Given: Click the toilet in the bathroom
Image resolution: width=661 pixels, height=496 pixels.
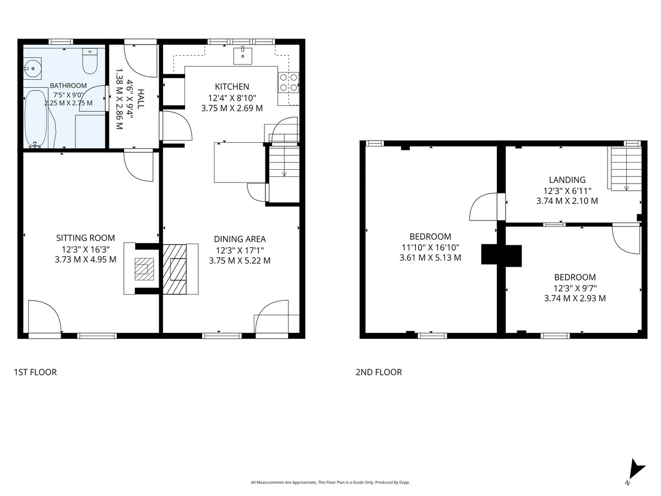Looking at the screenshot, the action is point(90,61).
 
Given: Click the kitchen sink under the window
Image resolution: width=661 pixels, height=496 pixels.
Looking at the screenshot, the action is point(243,56).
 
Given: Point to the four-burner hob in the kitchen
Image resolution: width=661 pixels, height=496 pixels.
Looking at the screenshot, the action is point(289,83).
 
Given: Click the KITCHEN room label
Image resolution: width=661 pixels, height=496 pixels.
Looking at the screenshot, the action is point(232,87).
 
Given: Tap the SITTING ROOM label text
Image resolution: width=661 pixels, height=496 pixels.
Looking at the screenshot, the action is point(85,238).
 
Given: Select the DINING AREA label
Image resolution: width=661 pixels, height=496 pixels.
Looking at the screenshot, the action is point(240,239).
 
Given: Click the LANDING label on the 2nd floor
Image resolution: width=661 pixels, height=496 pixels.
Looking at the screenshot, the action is point(567,180).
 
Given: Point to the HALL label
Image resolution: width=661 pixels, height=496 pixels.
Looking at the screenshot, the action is point(140,99).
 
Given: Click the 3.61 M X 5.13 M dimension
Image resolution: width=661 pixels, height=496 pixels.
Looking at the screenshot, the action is point(430,258).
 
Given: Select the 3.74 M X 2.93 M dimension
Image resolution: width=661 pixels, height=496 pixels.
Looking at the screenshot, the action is point(575,298).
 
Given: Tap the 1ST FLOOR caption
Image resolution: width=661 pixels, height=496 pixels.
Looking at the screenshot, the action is point(35,372).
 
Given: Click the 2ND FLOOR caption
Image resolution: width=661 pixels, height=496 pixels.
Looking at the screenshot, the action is point(378,372).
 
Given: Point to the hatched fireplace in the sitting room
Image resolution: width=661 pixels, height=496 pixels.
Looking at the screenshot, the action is point(144,269).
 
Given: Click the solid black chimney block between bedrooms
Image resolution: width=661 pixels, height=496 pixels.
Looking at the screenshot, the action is point(501,255).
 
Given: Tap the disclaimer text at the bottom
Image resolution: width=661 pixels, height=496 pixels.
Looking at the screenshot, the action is point(330,482).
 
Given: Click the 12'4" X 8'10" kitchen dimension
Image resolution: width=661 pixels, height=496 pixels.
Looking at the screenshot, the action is point(232,98).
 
